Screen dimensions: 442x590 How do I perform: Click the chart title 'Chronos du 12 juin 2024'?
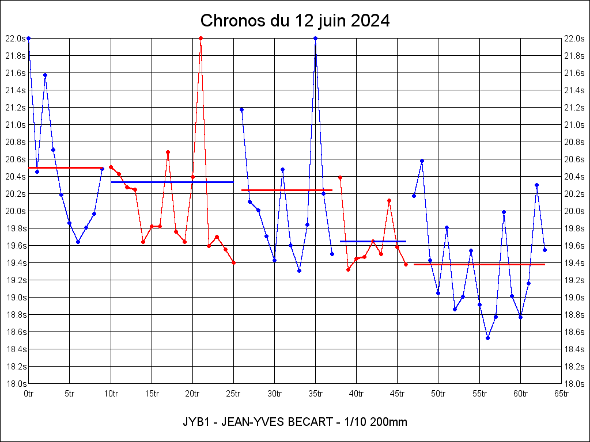click(295, 21)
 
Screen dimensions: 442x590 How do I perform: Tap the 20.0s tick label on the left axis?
click(16, 211)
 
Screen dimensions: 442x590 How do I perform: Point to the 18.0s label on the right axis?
click(575, 384)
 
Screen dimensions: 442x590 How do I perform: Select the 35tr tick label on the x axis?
click(316, 394)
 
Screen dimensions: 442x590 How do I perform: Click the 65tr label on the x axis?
click(562, 394)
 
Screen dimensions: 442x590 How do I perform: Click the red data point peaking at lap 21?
click(201, 39)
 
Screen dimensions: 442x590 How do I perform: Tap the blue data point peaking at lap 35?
click(315, 39)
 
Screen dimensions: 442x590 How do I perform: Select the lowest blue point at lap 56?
click(487, 338)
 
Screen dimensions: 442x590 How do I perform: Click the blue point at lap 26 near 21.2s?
click(241, 109)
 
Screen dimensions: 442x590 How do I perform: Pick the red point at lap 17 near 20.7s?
click(168, 152)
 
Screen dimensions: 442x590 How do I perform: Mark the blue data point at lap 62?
click(536, 185)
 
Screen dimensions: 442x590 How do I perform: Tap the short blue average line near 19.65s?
click(373, 241)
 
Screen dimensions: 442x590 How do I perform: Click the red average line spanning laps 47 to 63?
click(479, 264)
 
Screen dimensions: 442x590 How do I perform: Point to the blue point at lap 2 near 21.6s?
click(45, 75)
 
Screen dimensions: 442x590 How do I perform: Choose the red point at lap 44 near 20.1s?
click(389, 200)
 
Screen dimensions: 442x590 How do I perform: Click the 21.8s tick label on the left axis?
click(16, 56)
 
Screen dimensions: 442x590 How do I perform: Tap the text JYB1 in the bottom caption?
click(195, 422)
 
